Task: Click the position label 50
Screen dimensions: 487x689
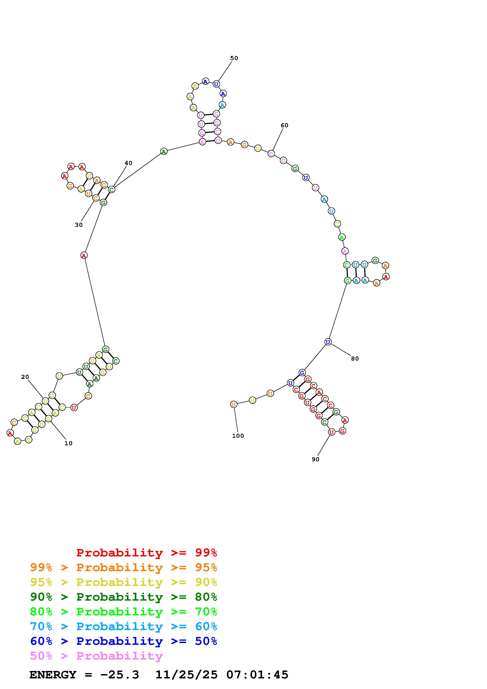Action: (234, 58)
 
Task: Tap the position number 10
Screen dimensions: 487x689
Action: (68, 443)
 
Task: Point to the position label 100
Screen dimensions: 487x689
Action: (238, 436)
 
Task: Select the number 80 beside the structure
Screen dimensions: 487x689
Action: (355, 359)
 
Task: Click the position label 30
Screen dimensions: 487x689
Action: (79, 225)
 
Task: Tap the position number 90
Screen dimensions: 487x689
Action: (315, 459)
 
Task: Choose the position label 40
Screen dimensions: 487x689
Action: (128, 163)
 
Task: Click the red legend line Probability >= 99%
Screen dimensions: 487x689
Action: (147, 552)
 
